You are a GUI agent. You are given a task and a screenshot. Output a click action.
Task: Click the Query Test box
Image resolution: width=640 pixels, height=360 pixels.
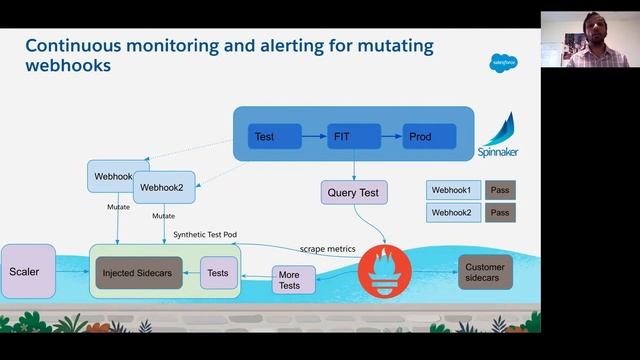pyautogui.click(x=354, y=192)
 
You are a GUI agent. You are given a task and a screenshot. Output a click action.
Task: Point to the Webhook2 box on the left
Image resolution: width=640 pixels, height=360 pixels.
pyautogui.click(x=165, y=186)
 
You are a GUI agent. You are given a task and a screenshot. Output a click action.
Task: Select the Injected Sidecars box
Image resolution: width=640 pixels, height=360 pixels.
pyautogui.click(x=139, y=272)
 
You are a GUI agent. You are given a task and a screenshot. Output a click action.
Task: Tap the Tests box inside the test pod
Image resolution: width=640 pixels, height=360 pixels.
pyautogui.click(x=219, y=272)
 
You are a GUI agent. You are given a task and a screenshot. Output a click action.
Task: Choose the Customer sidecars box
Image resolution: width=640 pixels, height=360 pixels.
pyautogui.click(x=485, y=271)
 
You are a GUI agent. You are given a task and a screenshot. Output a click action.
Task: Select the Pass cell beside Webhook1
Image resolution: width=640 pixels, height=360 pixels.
pyautogui.click(x=500, y=189)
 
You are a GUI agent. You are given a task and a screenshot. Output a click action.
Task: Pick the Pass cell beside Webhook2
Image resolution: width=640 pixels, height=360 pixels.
pyautogui.click(x=500, y=212)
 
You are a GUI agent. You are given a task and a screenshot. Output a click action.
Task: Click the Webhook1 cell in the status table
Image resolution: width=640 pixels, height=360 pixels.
pyautogui.click(x=453, y=189)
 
